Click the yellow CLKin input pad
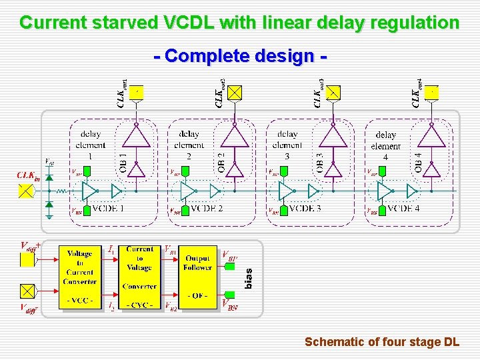click(26, 191)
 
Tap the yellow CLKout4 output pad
click(433, 92)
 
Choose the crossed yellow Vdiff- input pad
click(27, 291)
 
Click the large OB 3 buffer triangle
click(333, 137)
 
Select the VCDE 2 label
click(206, 209)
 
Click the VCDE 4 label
click(403, 209)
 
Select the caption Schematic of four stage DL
click(381, 342)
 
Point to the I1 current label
click(112, 249)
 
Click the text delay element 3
click(287, 145)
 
